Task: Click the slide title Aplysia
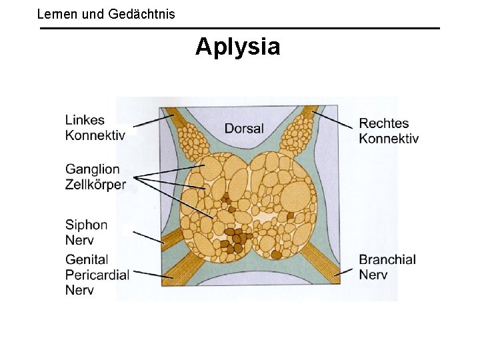pos(238,47)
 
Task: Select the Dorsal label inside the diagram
pos(244,129)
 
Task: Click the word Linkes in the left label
pos(85,120)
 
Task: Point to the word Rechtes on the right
pos(383,123)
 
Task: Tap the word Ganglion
pos(92,169)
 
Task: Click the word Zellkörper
pos(95,185)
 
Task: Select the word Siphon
pos(86,225)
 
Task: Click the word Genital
pos(87,259)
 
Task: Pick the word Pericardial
pos(97,274)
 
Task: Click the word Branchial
pos(387,259)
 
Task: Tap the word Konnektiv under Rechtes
pos(389,139)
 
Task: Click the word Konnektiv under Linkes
pos(95,135)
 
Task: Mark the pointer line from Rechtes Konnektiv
pos(333,120)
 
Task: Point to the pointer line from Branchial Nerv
pos(343,270)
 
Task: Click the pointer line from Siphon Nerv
pos(148,237)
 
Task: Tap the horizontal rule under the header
pos(240,28)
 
